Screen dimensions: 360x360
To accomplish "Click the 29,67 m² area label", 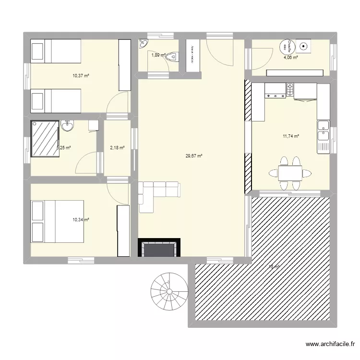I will click(x=194, y=156).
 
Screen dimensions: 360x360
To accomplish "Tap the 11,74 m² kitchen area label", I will click(x=291, y=136).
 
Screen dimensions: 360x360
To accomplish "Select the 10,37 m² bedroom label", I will click(x=81, y=76).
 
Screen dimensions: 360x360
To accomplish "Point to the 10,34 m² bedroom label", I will click(x=81, y=220).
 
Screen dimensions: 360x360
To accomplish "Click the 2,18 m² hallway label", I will click(x=117, y=148).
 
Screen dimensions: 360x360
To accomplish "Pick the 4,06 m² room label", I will click(x=290, y=58).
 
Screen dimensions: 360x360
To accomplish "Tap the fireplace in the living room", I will click(x=160, y=248).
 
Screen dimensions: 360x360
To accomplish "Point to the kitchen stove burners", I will click(x=290, y=89).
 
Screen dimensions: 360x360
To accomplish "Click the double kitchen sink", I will click(x=323, y=130).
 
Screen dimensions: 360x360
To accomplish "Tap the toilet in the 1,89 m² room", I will click(x=175, y=57).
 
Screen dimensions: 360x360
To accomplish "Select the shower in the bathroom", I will click(x=45, y=139).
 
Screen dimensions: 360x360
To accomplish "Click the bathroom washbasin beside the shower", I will click(x=68, y=126).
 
